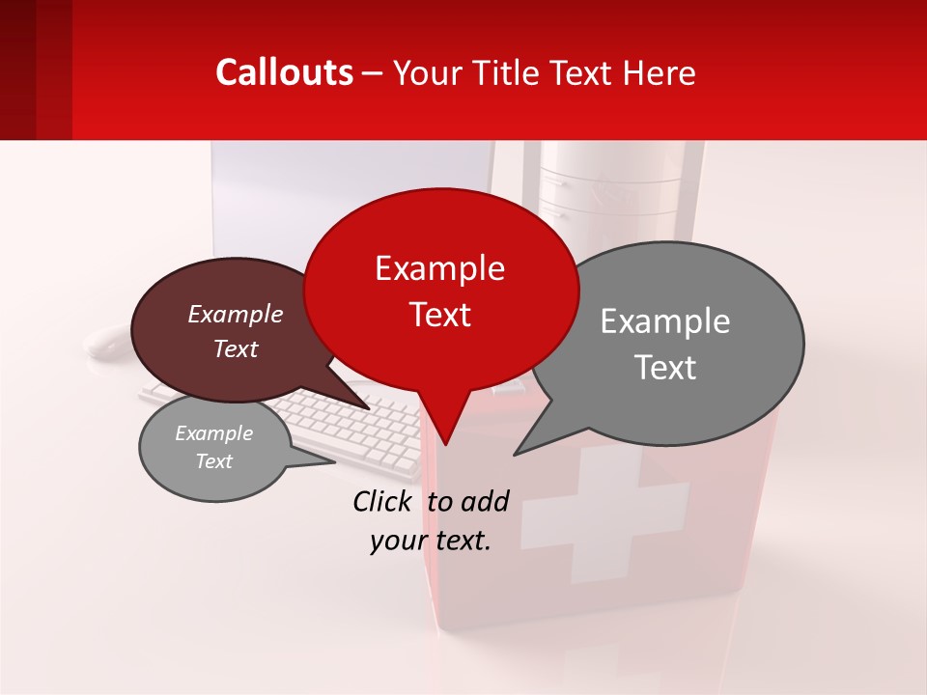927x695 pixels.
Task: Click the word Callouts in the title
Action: click(284, 72)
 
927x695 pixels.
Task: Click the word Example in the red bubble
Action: click(439, 268)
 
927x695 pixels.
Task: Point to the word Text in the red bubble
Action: click(439, 315)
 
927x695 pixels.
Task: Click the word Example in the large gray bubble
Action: click(665, 321)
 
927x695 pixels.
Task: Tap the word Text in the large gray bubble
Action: click(665, 368)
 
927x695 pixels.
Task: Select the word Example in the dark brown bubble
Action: click(236, 314)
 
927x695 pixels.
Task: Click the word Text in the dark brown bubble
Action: click(236, 348)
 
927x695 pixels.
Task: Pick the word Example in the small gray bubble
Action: click(214, 433)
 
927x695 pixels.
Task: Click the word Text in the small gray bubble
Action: click(214, 461)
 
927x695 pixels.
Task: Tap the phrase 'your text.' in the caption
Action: click(431, 541)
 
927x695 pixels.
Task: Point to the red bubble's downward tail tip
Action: click(445, 443)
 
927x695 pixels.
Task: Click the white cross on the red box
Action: click(605, 519)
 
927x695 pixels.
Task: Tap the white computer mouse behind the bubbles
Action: click(106, 341)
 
